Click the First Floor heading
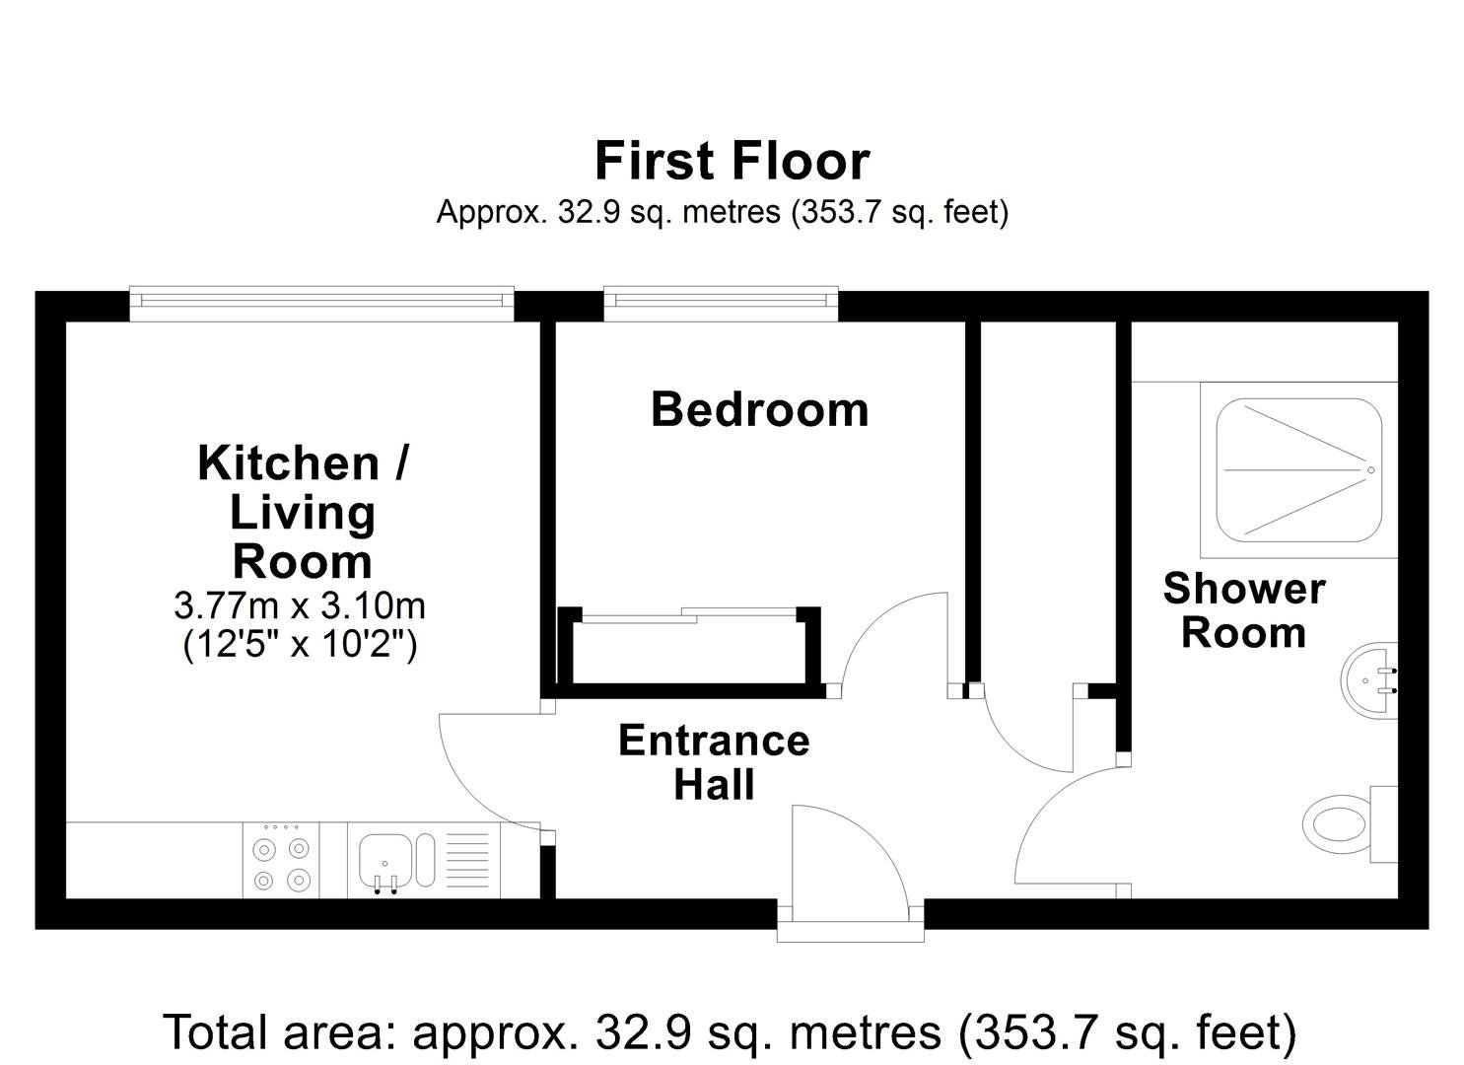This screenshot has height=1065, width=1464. [732, 161]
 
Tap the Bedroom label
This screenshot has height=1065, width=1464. [759, 410]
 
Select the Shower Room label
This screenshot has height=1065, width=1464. [1244, 610]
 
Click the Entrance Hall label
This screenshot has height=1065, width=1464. [715, 762]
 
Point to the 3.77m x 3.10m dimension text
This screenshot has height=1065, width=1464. [300, 605]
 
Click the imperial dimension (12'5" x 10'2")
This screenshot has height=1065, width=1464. [300, 645]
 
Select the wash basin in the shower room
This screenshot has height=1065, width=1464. [1368, 680]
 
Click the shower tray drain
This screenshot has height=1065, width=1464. [1371, 470]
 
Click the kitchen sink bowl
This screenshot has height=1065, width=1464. [384, 861]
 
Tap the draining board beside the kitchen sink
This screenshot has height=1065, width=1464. [466, 860]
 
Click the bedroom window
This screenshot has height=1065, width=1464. [721, 304]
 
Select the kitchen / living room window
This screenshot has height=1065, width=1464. [321, 304]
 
